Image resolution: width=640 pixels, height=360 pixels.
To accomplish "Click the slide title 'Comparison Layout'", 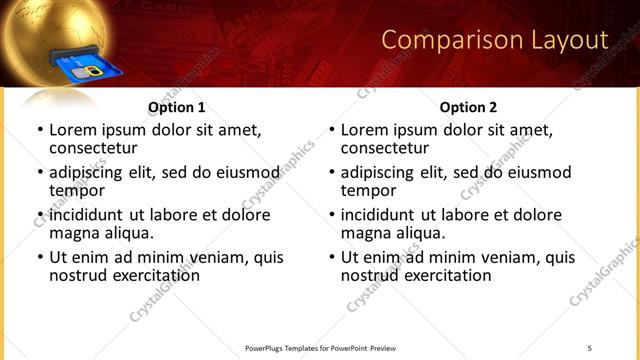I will tap(495, 41).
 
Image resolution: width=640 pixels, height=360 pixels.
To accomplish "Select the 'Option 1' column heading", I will tap(177, 107).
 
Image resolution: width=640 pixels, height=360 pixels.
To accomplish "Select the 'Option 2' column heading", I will tap(469, 107).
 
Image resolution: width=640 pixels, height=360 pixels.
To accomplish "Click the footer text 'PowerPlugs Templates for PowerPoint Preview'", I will tap(320, 348).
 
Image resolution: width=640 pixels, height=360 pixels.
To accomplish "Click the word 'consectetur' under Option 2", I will tap(385, 148).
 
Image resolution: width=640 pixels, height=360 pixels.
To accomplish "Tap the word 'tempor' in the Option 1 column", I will tap(77, 191).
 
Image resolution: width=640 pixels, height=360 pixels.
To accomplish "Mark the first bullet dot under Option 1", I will tap(40, 131).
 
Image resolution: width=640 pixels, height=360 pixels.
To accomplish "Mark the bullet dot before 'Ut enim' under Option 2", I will tap(332, 257).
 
